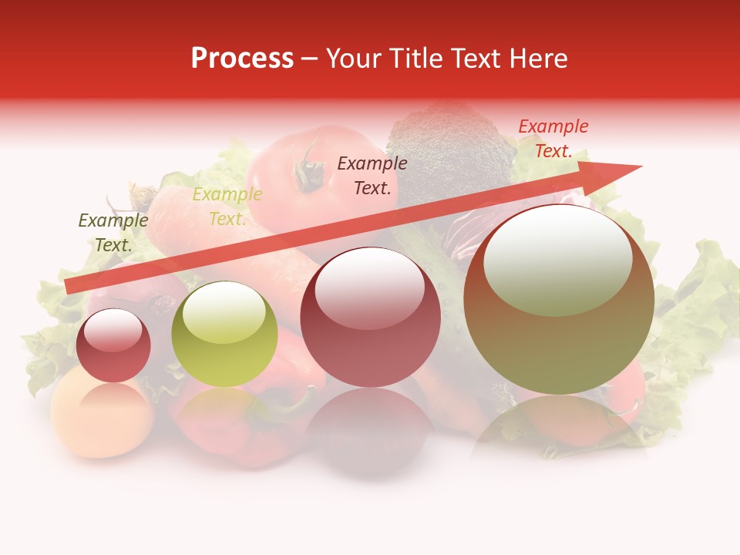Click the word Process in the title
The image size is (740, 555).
242,59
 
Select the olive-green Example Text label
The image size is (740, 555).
113,233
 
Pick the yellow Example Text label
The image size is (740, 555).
227,207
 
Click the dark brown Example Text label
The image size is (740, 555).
372,175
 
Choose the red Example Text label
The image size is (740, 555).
553,139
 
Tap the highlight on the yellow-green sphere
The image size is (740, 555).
224,312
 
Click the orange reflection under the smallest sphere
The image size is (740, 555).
103,416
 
